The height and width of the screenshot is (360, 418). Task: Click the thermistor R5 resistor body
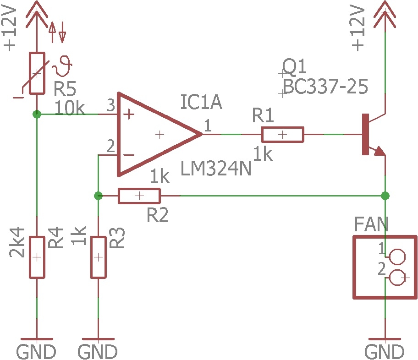37,73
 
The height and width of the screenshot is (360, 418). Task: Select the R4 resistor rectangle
37,257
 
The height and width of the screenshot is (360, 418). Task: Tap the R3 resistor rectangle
99,257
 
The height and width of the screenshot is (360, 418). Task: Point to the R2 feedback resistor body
139,196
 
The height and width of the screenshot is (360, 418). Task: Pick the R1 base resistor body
283,135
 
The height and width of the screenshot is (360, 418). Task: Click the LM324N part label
216,169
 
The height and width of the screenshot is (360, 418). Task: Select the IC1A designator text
201,102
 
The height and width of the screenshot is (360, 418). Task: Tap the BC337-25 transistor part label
325,87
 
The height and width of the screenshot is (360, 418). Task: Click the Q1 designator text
294,66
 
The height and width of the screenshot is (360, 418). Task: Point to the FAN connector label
371,224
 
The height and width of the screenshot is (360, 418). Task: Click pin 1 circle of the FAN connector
398,257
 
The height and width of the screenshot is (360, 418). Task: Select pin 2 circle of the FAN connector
398,278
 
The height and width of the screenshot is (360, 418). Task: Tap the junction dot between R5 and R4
37,115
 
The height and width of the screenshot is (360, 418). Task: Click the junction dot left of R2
99,196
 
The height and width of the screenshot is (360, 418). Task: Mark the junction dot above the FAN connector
385,196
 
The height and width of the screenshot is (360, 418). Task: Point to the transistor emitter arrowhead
380,151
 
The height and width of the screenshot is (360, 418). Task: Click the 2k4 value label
17,242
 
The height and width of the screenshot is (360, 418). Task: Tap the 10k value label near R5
70,108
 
